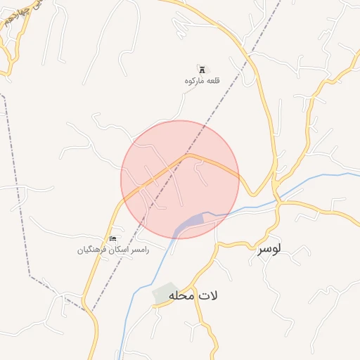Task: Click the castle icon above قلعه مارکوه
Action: click(202, 70)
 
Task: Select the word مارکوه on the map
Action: click(193, 81)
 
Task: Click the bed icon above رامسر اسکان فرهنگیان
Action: click(113, 240)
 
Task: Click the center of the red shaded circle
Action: click(180, 179)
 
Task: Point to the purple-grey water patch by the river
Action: click(189, 224)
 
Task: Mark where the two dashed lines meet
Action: click(89, 309)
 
